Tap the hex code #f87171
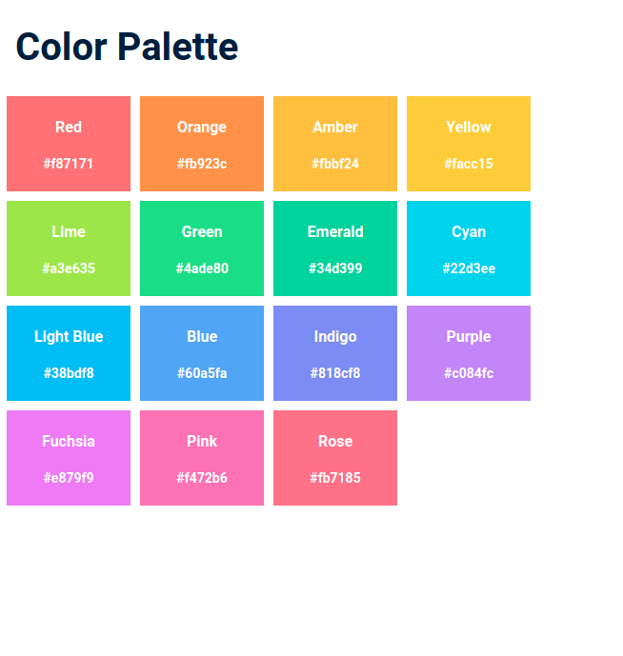click(69, 164)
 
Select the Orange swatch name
click(202, 127)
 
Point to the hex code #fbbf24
click(335, 164)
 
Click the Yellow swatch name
click(469, 127)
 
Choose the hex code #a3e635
click(69, 268)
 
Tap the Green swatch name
click(202, 231)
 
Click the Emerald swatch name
click(335, 231)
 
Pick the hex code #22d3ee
click(469, 268)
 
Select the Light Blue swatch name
click(69, 336)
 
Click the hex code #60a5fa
click(202, 373)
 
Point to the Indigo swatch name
click(335, 336)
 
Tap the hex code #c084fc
click(469, 373)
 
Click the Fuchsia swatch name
click(69, 441)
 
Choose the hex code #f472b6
click(202, 478)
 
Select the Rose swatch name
click(335, 441)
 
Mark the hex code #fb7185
click(335, 478)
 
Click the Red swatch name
click(69, 127)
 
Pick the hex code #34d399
click(335, 268)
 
